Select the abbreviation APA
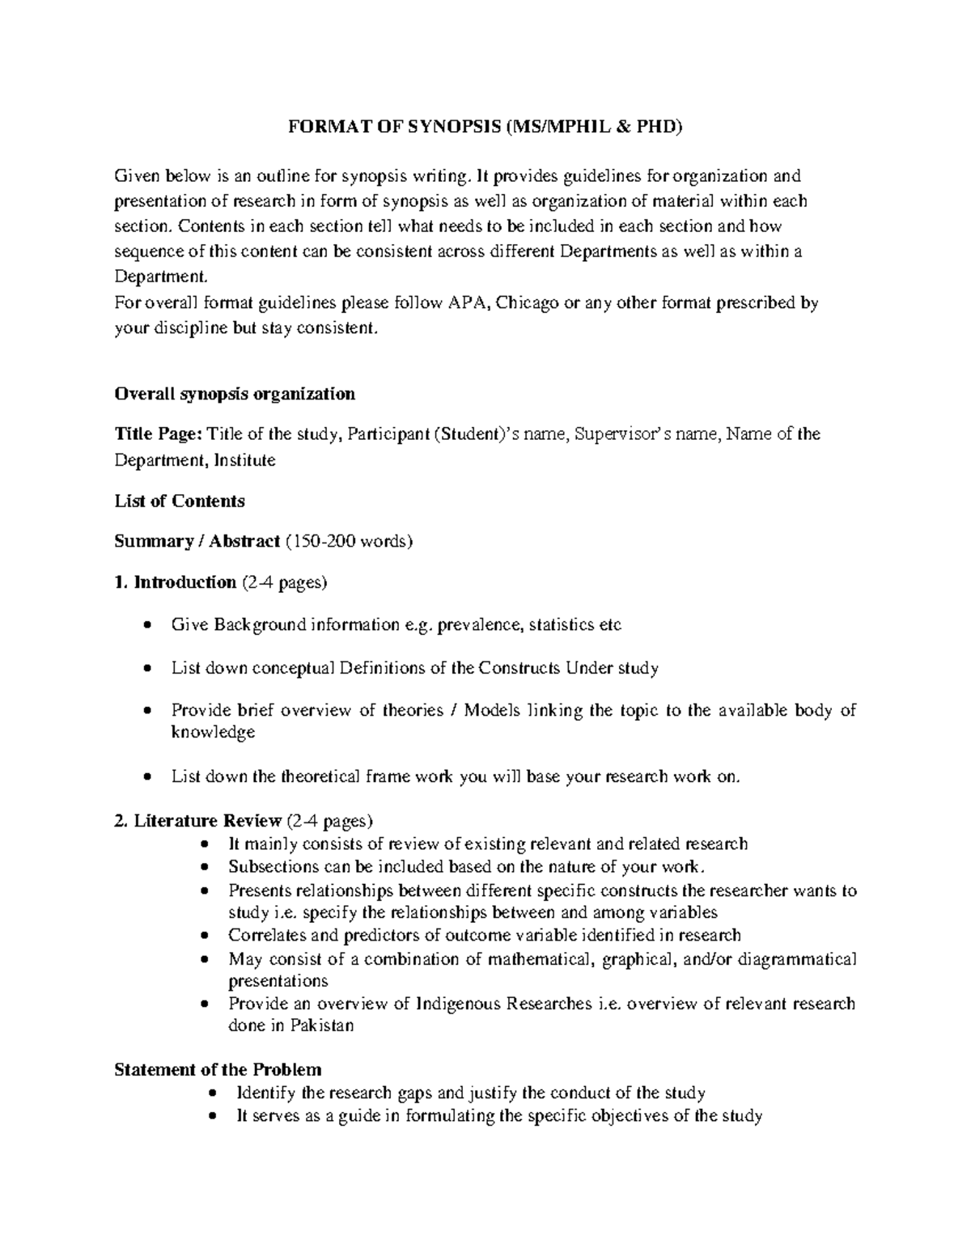pyautogui.click(x=466, y=303)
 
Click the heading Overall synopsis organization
pyautogui.click(x=235, y=394)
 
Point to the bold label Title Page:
pyautogui.click(x=159, y=434)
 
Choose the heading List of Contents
pyautogui.click(x=180, y=501)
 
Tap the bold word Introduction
pyautogui.click(x=185, y=582)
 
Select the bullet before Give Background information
pyautogui.click(x=146, y=625)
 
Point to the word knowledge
pyautogui.click(x=213, y=732)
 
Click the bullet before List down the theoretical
pyautogui.click(x=146, y=777)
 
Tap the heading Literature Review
pyautogui.click(x=208, y=821)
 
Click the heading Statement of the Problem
pyautogui.click(x=218, y=1069)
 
